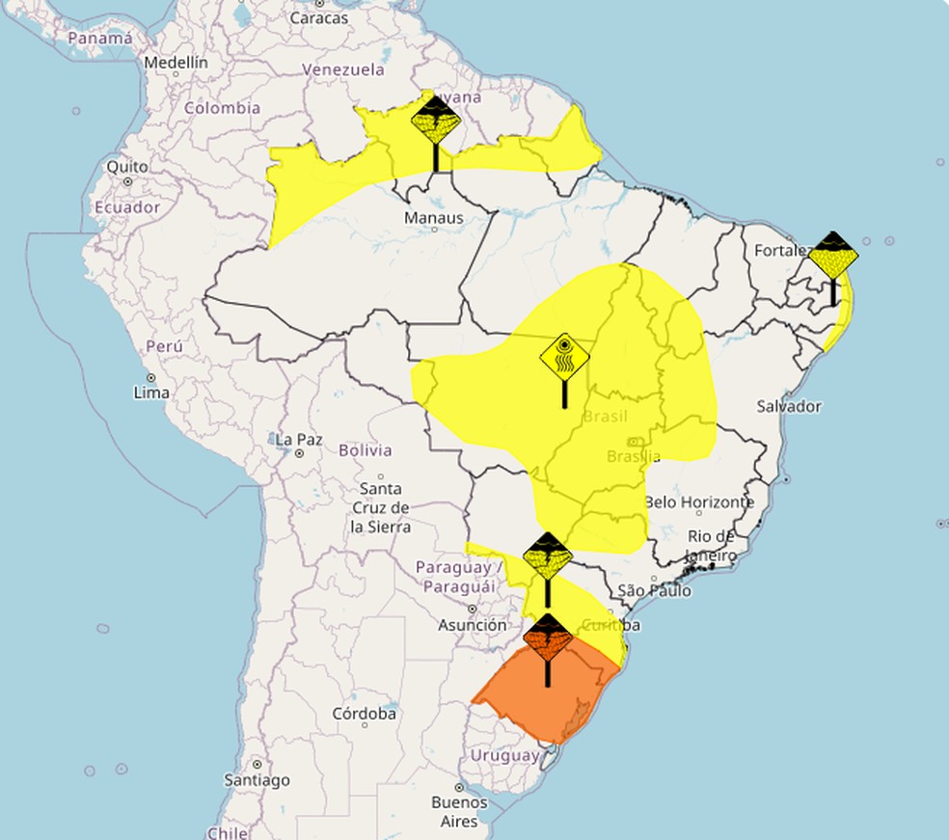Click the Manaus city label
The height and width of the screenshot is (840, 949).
point(434,218)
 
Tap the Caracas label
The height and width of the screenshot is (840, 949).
point(319,17)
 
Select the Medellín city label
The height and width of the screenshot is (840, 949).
point(176,63)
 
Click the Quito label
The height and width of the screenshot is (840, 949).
point(127,166)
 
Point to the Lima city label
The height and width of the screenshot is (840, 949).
point(152,393)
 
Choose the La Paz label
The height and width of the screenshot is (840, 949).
point(299,440)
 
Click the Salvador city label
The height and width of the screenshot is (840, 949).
point(789,406)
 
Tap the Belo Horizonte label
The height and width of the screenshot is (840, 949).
point(699,502)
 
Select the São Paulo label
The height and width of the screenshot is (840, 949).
point(655,590)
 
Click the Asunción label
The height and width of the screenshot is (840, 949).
point(473,625)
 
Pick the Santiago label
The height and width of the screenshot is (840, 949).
point(258,779)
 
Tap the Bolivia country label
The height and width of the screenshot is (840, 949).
point(366,450)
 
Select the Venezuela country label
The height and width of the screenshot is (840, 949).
point(343,69)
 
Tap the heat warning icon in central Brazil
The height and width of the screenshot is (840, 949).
point(564,359)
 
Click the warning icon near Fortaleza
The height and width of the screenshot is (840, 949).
point(832,256)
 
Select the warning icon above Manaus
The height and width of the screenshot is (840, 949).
point(435,122)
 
